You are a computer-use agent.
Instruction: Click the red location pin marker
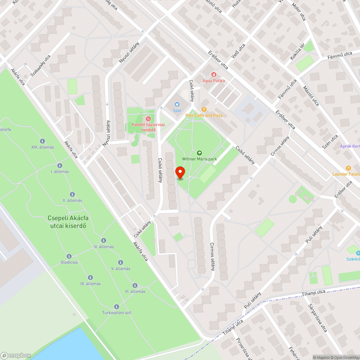(180, 172)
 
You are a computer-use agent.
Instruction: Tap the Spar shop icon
(177, 104)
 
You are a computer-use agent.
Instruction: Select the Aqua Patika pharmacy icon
(213, 75)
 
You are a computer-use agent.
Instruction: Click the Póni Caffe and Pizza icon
(204, 109)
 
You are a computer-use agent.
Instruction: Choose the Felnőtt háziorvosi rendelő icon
(147, 119)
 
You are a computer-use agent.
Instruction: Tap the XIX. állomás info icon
(42, 141)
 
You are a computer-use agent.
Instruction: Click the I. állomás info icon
(60, 166)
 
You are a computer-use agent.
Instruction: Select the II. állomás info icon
(72, 194)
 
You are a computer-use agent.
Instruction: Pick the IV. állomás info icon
(104, 240)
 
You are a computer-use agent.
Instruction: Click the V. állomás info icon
(121, 262)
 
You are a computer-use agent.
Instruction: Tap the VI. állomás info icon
(135, 285)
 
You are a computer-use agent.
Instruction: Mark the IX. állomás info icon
(90, 278)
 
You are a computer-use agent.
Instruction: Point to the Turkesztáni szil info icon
(116, 306)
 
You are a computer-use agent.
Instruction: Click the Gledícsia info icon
(69, 256)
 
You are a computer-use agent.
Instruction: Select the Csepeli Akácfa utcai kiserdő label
(68, 222)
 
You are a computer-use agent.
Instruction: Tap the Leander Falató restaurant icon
(348, 168)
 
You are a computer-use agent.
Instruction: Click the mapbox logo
(16, 355)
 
